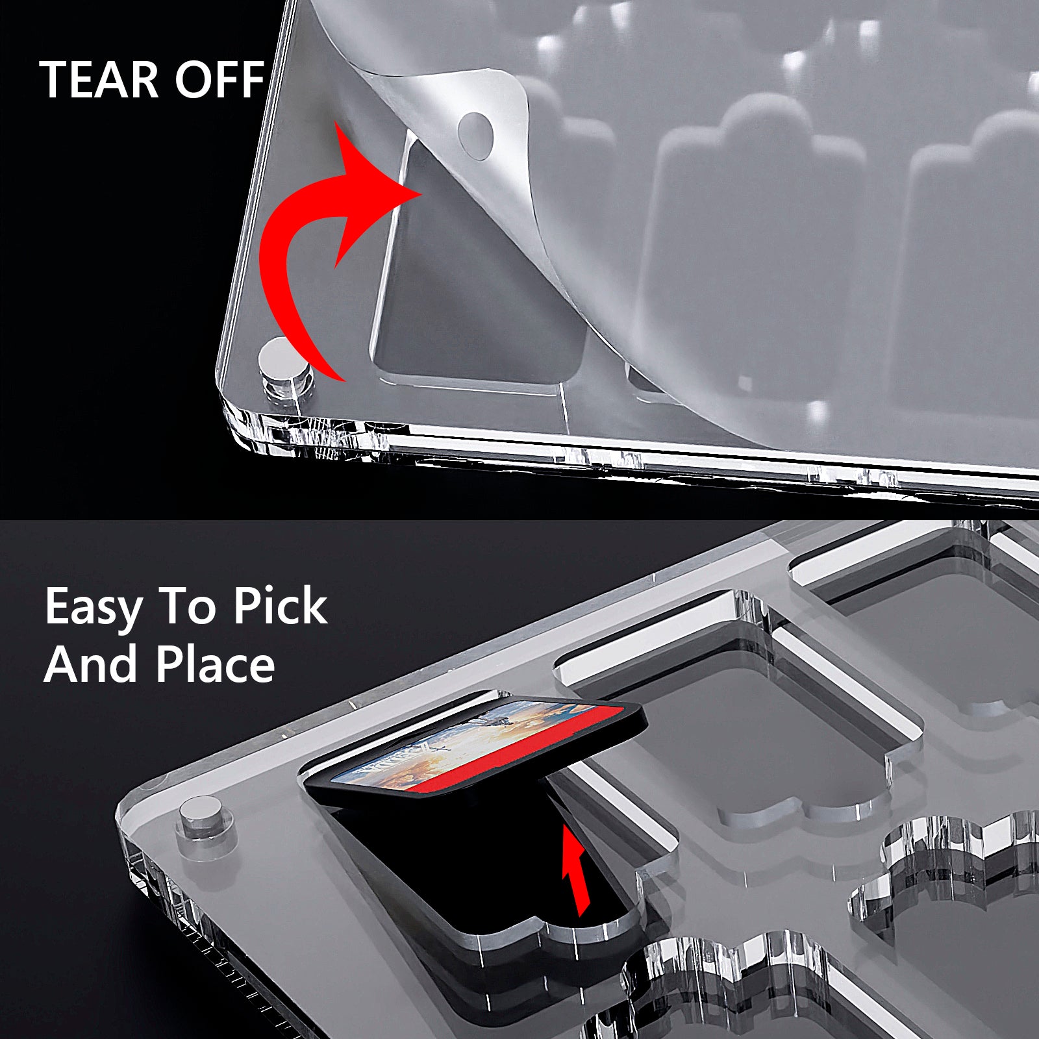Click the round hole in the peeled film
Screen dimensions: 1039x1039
click(x=476, y=136)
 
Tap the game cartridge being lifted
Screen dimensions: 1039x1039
click(x=474, y=747)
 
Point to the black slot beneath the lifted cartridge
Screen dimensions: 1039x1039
click(x=494, y=864)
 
